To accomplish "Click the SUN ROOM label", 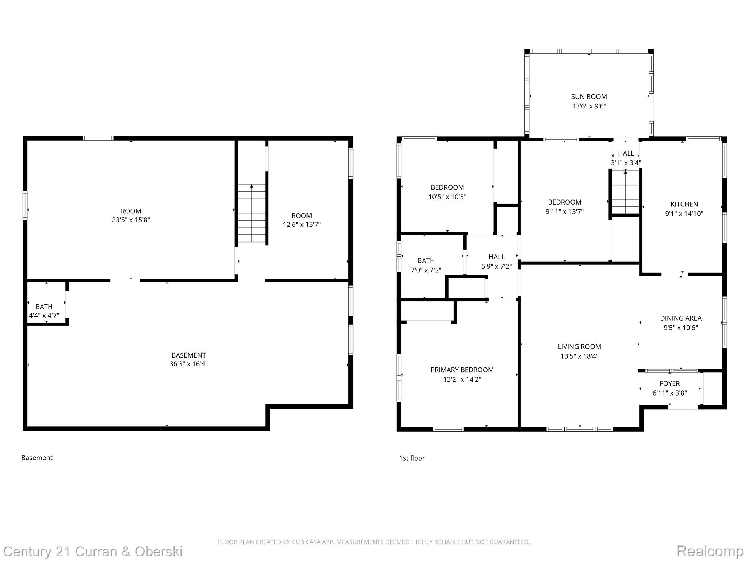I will click(x=589, y=97).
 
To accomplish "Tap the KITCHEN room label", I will click(x=684, y=204).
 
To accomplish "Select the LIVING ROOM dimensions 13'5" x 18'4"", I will click(x=579, y=356).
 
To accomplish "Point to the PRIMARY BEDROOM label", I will click(x=462, y=370).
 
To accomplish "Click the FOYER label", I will click(x=669, y=383).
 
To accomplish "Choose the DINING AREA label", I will click(x=680, y=318).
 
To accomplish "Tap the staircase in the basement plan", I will click(x=252, y=214).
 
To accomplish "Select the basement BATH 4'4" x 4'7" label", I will click(x=44, y=311).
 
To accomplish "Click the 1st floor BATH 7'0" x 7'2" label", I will click(x=426, y=265).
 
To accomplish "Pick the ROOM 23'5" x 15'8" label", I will click(x=131, y=215).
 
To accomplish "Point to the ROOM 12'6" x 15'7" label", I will click(x=302, y=220).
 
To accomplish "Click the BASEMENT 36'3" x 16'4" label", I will click(x=188, y=359).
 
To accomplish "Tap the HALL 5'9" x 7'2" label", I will click(x=496, y=262).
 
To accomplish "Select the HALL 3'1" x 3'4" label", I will click(x=626, y=158).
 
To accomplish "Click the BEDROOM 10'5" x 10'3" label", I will click(x=447, y=192).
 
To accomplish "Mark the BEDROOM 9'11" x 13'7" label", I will click(x=564, y=207).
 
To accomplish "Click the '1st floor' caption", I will click(x=412, y=458).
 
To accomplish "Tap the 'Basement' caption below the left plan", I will click(x=37, y=458).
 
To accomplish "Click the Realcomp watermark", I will click(x=710, y=551).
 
